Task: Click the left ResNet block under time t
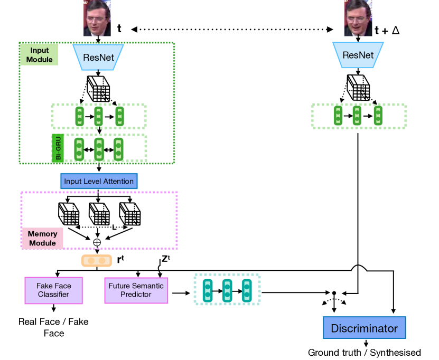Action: [98, 55]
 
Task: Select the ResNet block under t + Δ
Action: [358, 55]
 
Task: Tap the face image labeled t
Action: [97, 18]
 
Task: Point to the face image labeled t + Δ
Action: [358, 18]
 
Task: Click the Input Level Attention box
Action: [99, 182]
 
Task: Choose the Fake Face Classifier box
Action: [54, 290]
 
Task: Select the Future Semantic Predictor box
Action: [136, 290]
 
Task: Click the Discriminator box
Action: [364, 328]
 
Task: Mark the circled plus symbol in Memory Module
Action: [97, 242]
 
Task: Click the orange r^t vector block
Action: [96, 261]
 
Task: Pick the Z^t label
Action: [165, 259]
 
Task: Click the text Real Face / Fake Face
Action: [53, 327]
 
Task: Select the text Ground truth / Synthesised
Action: [365, 353]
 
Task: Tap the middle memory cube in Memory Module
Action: [99, 214]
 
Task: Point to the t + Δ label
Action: [387, 30]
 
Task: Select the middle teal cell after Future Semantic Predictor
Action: [227, 288]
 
